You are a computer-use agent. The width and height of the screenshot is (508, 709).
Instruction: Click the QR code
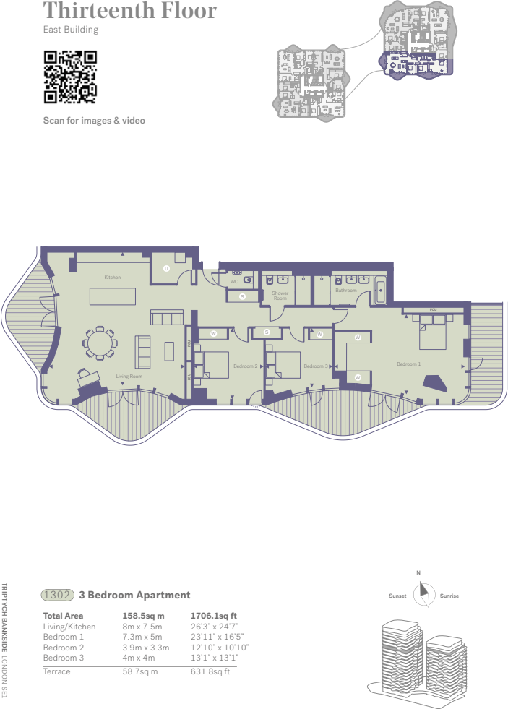tap(70, 76)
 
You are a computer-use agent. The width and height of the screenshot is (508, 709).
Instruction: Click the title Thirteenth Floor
tap(130, 11)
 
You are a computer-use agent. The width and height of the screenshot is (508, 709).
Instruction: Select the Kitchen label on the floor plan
tap(112, 278)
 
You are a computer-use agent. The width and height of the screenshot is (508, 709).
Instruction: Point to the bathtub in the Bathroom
tap(382, 293)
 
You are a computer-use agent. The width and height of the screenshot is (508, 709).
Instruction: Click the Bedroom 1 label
tap(408, 364)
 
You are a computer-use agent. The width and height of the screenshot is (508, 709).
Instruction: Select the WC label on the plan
tap(234, 282)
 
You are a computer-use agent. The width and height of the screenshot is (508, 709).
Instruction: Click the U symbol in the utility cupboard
tap(166, 268)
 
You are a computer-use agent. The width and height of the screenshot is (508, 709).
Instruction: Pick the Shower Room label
tap(280, 296)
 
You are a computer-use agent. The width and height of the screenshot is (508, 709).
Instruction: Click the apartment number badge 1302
tap(58, 595)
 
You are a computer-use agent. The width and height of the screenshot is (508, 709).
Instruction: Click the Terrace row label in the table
tap(57, 671)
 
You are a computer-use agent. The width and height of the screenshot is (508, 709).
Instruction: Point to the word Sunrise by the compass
tap(449, 596)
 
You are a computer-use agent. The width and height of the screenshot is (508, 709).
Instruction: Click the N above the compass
tap(418, 574)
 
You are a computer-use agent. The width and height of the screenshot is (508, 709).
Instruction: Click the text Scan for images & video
tap(94, 120)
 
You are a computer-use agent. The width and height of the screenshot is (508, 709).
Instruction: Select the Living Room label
tap(129, 377)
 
